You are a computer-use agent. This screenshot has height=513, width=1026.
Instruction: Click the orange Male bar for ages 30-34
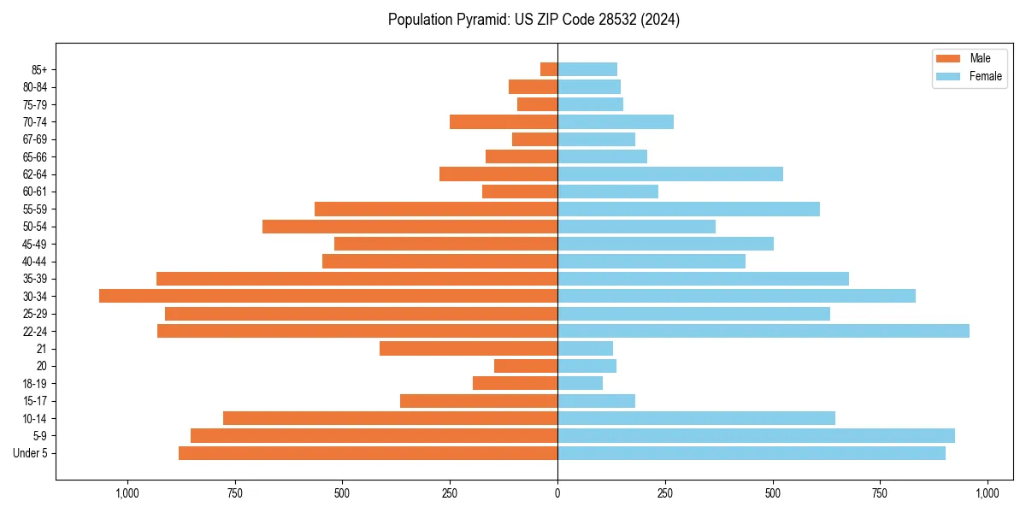(x=328, y=296)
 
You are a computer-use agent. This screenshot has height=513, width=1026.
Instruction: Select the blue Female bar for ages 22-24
(x=764, y=331)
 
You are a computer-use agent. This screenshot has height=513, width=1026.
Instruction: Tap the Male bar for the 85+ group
(x=549, y=69)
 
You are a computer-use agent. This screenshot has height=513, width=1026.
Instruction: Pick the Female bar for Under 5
(x=752, y=453)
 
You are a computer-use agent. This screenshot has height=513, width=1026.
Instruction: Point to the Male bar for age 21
(x=469, y=348)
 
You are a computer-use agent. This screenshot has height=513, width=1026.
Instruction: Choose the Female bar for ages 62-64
(x=670, y=174)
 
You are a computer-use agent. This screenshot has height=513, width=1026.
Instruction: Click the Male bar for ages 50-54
(x=410, y=227)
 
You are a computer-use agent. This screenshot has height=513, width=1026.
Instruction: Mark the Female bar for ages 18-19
(x=581, y=383)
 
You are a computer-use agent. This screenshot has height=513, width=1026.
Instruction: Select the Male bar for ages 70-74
(x=504, y=121)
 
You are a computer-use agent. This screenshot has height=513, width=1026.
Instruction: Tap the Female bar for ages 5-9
(x=757, y=435)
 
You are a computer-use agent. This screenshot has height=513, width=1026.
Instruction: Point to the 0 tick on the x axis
(x=557, y=493)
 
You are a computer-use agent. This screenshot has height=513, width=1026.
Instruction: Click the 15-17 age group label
(x=35, y=401)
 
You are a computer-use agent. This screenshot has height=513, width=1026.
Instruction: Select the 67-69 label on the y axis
(x=35, y=139)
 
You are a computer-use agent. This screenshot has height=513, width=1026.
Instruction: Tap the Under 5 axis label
(x=31, y=453)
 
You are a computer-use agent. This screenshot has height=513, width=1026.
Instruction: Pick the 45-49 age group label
(x=35, y=244)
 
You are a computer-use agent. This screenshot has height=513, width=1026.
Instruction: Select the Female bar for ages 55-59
(x=688, y=209)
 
